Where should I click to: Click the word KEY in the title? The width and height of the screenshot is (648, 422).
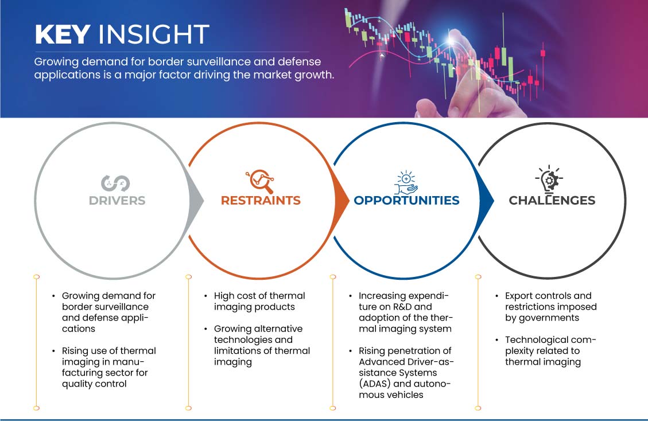tap(63, 34)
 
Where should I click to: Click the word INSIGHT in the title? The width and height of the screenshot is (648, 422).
tap(153, 34)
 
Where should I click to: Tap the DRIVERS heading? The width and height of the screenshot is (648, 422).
tap(117, 201)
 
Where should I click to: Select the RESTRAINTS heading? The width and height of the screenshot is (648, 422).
tap(261, 201)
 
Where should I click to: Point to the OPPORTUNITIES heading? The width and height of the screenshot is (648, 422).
tap(407, 201)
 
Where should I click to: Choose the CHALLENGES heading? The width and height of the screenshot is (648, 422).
tap(552, 201)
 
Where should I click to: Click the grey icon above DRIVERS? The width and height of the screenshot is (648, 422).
tap(115, 183)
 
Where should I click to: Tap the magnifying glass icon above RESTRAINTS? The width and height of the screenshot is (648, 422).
tap(260, 181)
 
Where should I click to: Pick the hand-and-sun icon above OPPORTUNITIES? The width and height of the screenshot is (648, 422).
tap(406, 182)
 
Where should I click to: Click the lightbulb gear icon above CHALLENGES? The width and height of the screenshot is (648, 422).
tap(549, 179)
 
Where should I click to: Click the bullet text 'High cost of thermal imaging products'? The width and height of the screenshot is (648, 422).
tap(259, 302)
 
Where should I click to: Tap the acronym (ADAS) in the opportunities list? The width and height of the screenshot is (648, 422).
tap(374, 384)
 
